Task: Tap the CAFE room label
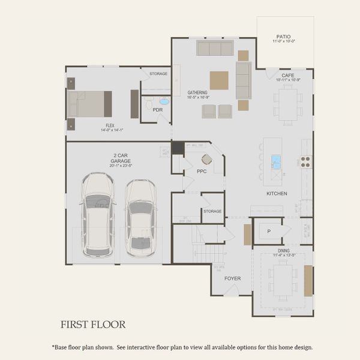(288, 75)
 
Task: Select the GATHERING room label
(197, 93)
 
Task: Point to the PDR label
(158, 110)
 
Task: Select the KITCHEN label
(277, 194)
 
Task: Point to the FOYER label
(232, 278)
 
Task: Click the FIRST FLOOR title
(93, 325)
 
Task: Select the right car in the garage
(140, 216)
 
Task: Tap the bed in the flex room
(89, 104)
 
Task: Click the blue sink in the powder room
(164, 101)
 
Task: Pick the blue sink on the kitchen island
(277, 161)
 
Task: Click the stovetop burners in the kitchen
(305, 161)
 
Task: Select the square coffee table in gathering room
(219, 80)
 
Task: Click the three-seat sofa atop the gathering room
(215, 48)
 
